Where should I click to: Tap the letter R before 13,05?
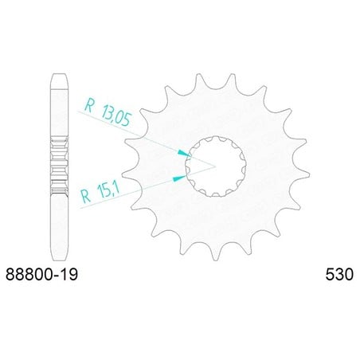click(x=89, y=105)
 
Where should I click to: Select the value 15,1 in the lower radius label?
click(x=108, y=190)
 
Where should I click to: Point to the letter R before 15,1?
click(x=86, y=196)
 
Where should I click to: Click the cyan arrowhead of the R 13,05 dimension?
click(x=184, y=153)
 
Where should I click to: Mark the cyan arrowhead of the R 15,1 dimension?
click(x=179, y=178)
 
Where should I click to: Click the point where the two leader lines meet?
click(x=215, y=166)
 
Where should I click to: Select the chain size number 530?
click(x=339, y=274)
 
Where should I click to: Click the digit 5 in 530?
click(x=330, y=274)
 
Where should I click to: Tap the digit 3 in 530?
click(x=339, y=274)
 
